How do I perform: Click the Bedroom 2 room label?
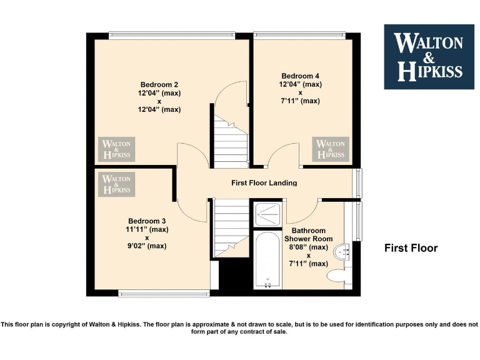click(159, 85)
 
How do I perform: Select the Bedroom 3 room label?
click(147, 221)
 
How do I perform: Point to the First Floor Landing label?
click(264, 183)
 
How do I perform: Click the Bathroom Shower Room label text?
click(306, 234)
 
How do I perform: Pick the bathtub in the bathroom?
click(269, 259)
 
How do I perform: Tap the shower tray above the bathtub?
click(269, 214)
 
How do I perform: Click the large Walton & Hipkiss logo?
click(429, 57)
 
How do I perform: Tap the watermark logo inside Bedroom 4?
click(331, 149)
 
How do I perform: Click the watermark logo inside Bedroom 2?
click(117, 149)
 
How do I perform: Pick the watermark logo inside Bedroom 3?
click(117, 184)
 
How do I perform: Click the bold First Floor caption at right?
click(411, 248)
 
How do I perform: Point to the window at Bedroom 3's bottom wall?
click(164, 292)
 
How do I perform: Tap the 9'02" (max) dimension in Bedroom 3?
click(147, 246)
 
